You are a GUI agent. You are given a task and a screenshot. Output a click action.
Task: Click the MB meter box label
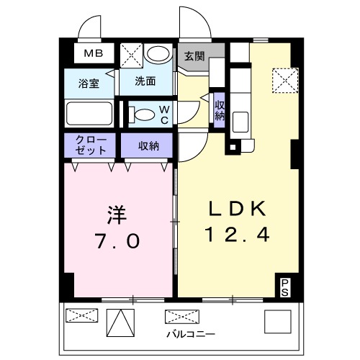click(92, 53)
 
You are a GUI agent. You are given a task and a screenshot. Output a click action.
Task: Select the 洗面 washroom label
click(145, 81)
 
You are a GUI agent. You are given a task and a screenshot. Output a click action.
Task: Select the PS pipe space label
click(286, 287)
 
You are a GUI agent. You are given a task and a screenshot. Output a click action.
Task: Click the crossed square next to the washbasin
click(130, 54)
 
